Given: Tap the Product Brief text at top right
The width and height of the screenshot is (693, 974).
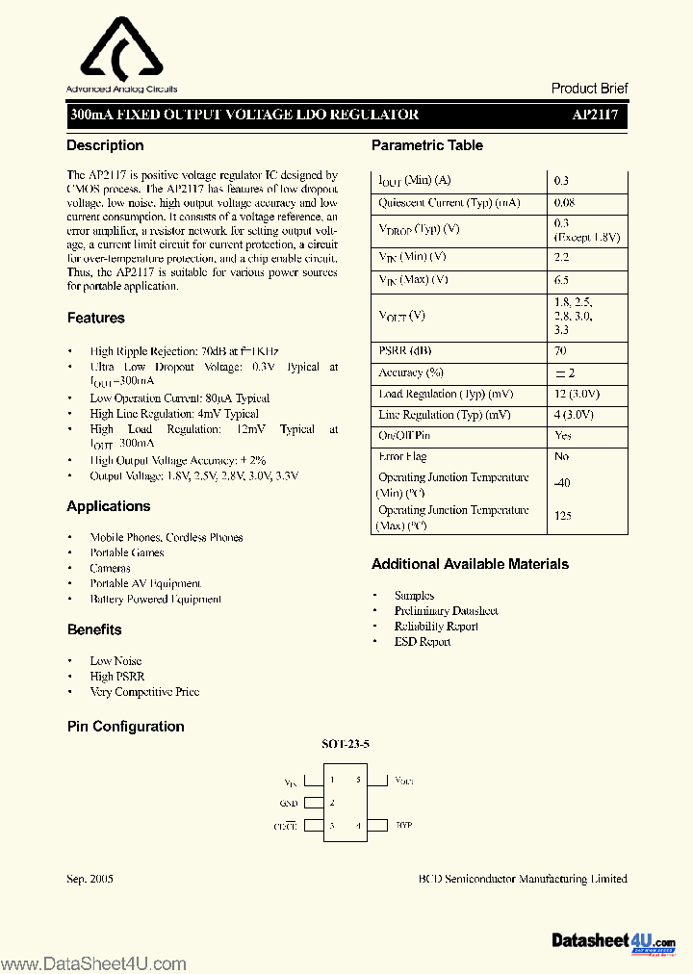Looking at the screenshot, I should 589,88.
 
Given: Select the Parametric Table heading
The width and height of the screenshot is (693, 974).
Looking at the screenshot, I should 426,145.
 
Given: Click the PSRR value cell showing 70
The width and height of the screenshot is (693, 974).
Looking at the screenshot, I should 561,351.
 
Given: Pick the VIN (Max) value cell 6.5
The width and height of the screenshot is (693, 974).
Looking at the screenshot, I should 561,280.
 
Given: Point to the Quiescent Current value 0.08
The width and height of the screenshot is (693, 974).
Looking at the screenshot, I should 565,203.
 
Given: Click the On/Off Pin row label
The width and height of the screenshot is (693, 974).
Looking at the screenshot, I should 402,436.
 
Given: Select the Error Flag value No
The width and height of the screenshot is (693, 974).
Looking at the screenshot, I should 562,457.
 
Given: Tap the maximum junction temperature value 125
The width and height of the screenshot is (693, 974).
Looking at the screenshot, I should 563,516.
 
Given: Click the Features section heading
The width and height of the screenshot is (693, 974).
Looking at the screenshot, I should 95,318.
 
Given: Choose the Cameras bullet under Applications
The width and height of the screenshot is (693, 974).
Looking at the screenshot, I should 110,568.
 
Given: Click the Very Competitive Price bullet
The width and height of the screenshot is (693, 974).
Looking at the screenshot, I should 144,691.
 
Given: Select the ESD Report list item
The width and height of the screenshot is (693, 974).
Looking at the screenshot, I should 422,641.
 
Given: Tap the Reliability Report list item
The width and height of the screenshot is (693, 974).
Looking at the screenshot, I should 435,626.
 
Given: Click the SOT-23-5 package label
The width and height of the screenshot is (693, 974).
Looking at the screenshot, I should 346,744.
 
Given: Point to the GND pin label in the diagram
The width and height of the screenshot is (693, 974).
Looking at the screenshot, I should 289,803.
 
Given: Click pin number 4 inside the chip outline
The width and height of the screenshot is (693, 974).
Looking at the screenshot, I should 358,825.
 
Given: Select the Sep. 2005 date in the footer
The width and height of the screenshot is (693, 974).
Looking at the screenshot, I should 90,879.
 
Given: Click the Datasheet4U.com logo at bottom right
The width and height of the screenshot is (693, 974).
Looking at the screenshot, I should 613,940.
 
